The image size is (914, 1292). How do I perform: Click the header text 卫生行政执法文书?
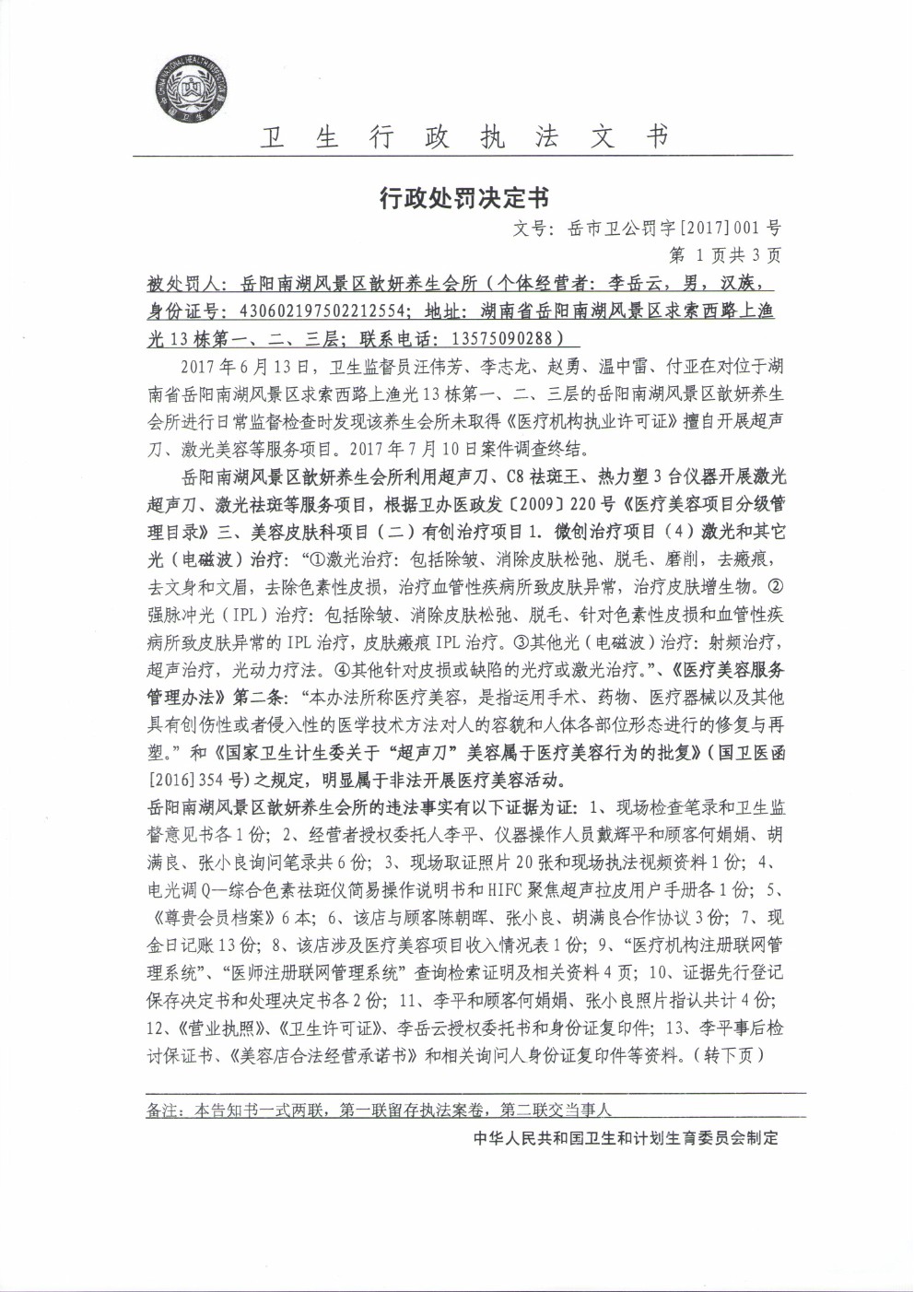pyautogui.click(x=463, y=137)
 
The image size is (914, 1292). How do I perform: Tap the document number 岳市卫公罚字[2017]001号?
pyautogui.click(x=674, y=227)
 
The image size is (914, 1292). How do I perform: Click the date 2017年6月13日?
pyautogui.click(x=242, y=367)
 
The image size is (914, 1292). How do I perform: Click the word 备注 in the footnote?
pyautogui.click(x=162, y=1111)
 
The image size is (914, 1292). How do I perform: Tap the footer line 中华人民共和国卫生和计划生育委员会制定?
pyautogui.click(x=626, y=1138)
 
